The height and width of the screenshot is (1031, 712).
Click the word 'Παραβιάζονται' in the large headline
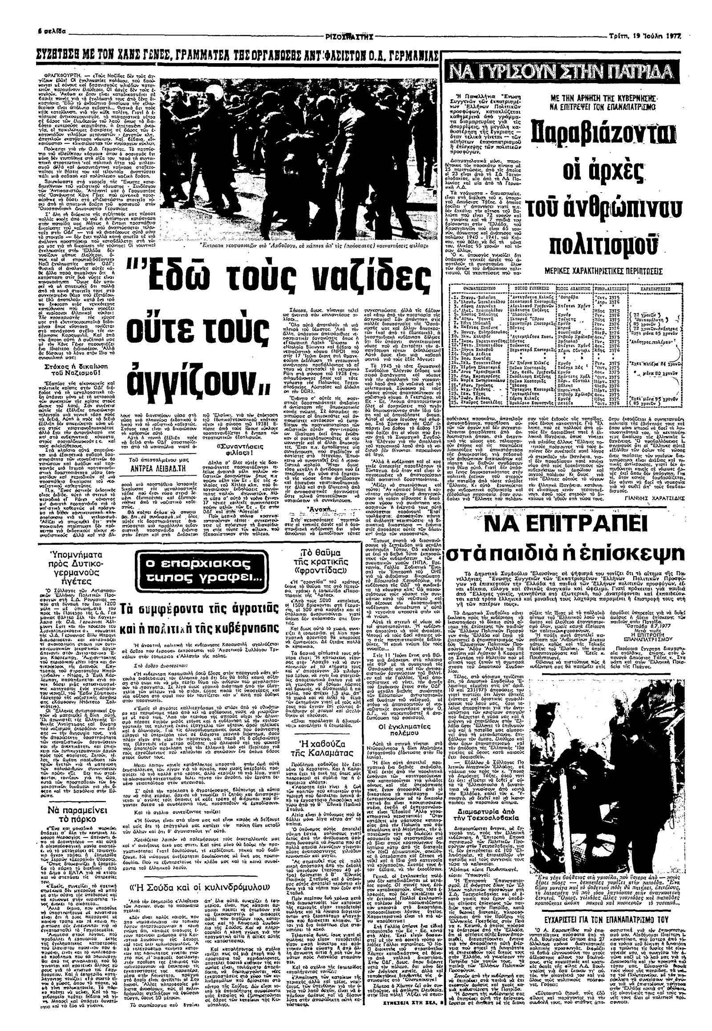pos(593,133)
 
